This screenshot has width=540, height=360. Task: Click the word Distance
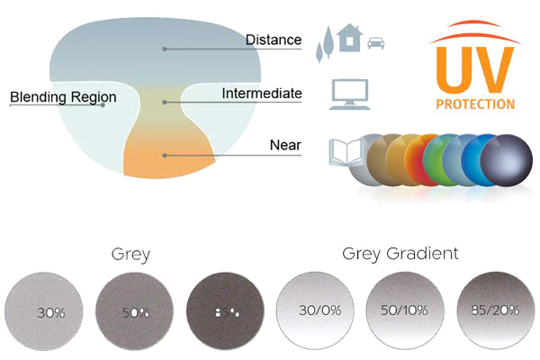(x=274, y=40)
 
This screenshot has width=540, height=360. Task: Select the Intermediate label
(x=261, y=94)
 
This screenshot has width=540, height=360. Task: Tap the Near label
(x=285, y=145)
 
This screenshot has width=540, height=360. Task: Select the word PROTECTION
(x=474, y=103)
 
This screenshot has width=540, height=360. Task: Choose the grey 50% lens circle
(x=133, y=312)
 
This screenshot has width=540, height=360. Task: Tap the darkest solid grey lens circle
(x=225, y=312)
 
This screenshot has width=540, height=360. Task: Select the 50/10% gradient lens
(x=403, y=312)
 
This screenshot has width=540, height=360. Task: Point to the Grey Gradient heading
(x=400, y=254)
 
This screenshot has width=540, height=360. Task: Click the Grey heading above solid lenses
(x=131, y=254)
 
